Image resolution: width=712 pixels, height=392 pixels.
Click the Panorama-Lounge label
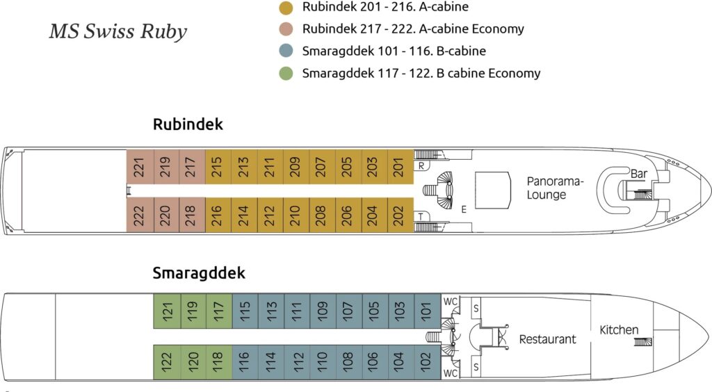click(555, 188)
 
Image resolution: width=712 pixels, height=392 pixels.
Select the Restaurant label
click(548, 339)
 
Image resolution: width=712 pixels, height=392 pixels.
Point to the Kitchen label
click(619, 329)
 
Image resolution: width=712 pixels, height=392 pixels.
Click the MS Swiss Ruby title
click(118, 33)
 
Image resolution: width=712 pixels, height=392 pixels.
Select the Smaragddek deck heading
click(199, 273)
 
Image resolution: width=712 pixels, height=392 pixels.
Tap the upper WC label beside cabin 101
click(451, 301)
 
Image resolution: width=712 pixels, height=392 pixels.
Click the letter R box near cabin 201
click(421, 165)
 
